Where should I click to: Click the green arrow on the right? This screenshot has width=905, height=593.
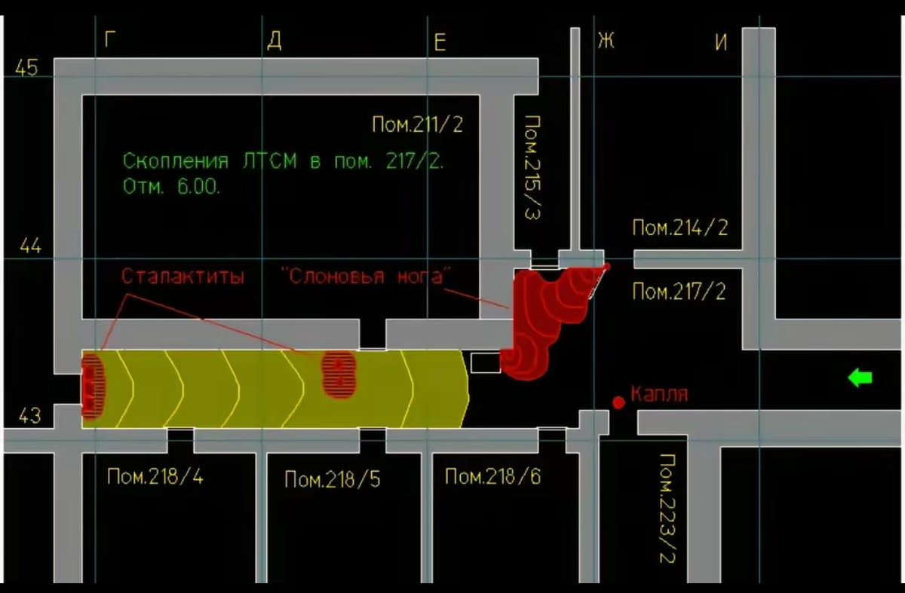pos(861,378)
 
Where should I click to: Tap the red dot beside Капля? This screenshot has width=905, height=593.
pos(618,402)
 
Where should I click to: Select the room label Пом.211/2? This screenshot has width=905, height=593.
pos(417,124)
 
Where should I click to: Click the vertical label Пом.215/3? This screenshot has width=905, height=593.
pos(534,168)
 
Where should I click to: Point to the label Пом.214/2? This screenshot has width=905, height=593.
pos(680,228)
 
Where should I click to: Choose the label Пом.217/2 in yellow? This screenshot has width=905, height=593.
pos(679,291)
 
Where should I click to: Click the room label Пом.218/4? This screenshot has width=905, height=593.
pos(155,476)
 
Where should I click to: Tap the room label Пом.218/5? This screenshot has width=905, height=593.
pos(332,479)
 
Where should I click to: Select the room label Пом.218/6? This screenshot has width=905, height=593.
pos(492,476)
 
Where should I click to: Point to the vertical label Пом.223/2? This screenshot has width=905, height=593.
pos(668,509)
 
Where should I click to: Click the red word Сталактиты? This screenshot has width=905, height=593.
pos(183,277)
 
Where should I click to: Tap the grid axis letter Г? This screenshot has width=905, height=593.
pos(110,40)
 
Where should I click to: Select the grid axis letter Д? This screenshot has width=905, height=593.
pos(275,41)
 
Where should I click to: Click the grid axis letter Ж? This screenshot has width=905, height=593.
pos(606,40)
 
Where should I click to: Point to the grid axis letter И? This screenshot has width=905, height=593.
pos(721,42)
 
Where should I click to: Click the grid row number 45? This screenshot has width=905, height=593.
pos(26,68)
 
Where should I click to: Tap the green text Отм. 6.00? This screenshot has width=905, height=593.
pos(171,186)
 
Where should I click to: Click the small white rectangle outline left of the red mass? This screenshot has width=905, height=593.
pos(485,362)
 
